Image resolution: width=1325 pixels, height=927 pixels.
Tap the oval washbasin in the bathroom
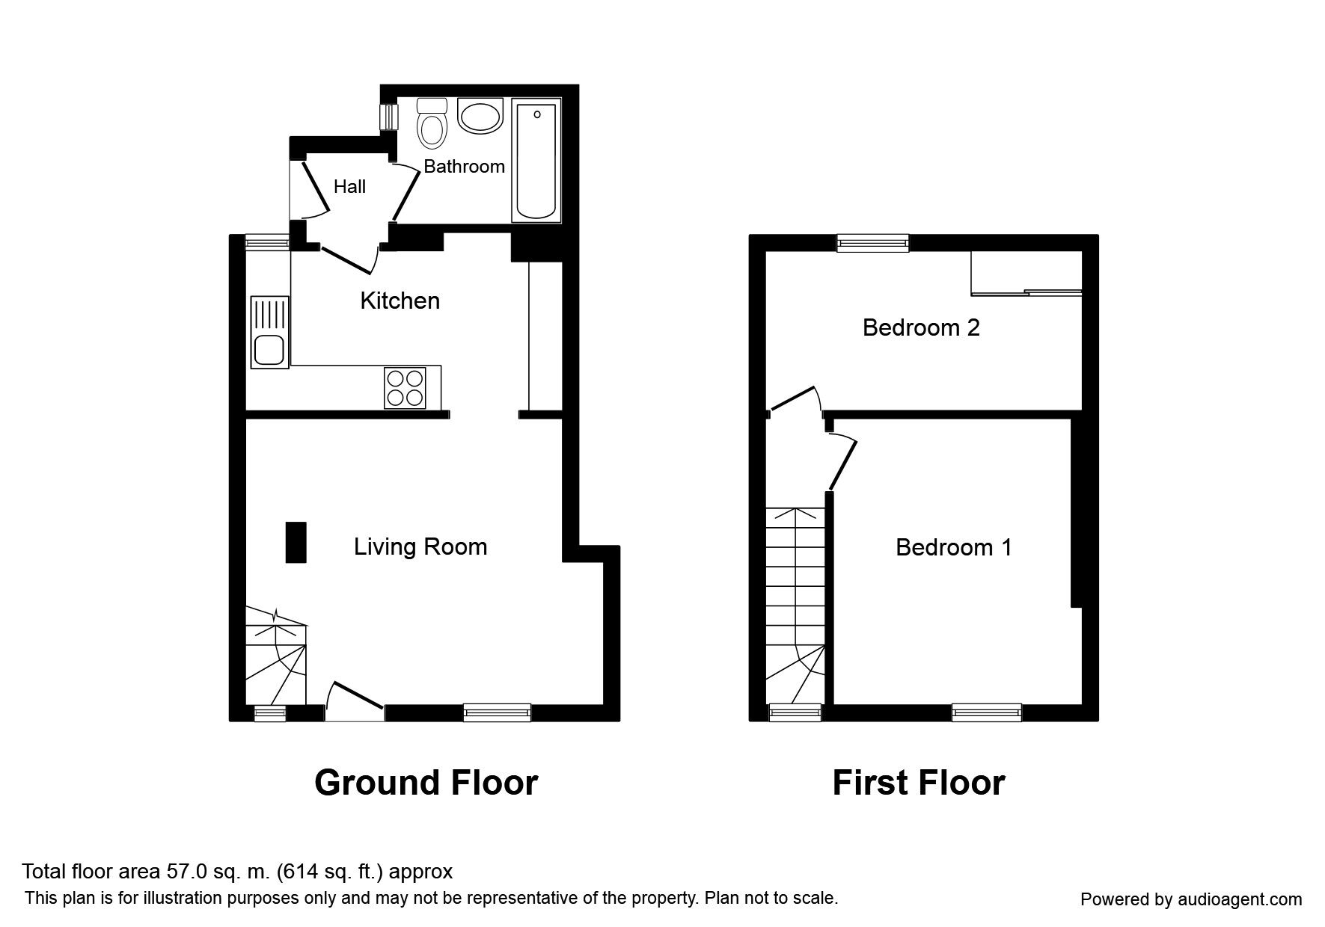(x=480, y=117)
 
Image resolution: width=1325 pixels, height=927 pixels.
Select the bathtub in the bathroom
(x=536, y=161)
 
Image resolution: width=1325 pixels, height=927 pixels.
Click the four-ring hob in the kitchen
(x=405, y=388)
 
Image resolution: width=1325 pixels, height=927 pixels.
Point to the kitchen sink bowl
(x=269, y=350)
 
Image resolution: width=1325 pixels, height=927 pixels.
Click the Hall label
(x=349, y=187)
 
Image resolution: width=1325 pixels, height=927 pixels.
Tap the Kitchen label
(x=400, y=301)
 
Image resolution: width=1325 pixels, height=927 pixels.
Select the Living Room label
(x=420, y=546)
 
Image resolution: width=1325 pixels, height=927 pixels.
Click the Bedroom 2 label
(x=920, y=327)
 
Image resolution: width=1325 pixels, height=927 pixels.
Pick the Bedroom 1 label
(x=953, y=547)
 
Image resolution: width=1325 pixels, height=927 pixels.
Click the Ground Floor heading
(x=426, y=783)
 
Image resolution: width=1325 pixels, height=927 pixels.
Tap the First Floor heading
(x=918, y=783)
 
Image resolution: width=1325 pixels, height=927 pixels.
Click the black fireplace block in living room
(x=296, y=542)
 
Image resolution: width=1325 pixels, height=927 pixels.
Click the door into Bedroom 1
(x=843, y=463)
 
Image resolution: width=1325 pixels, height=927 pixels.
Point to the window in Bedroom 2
(x=872, y=241)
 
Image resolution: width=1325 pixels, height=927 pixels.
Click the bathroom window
(x=389, y=117)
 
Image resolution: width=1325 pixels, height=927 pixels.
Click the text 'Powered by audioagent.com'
(x=1191, y=899)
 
